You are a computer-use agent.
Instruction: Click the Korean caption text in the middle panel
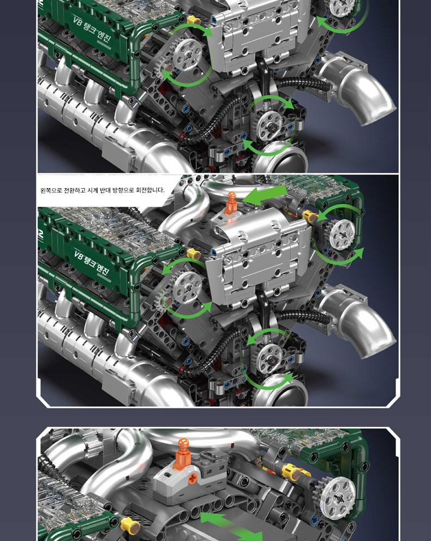(102, 190)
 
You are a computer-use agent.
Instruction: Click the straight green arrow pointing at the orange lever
(265, 194)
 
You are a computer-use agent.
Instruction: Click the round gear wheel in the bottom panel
(337, 498)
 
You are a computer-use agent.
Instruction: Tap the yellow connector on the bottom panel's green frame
(130, 526)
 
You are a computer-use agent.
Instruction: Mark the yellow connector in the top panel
(194, 20)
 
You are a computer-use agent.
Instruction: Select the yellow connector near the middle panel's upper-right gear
(310, 217)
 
